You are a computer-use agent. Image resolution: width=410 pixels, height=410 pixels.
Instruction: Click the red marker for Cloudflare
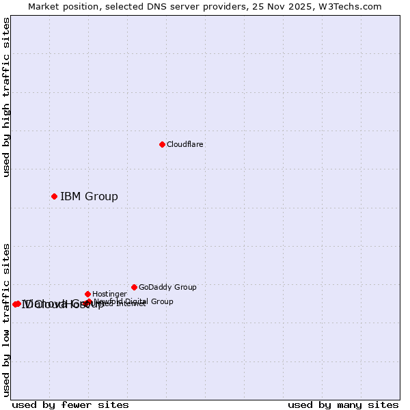click(162, 144)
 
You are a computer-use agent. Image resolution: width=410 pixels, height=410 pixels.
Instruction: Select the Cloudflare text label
click(184, 144)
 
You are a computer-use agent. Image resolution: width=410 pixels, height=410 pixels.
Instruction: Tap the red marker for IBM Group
click(54, 197)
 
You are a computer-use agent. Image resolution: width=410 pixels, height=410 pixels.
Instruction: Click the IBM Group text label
click(89, 197)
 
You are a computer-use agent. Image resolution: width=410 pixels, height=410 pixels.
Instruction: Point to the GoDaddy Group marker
click(134, 287)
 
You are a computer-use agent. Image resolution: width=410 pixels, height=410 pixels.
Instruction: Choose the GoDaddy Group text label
click(167, 287)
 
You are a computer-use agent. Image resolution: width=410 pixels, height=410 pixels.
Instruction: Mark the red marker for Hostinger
click(87, 294)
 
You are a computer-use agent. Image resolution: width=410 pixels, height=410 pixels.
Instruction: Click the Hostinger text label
click(109, 294)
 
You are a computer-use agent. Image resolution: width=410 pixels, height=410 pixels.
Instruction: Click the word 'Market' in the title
click(44, 6)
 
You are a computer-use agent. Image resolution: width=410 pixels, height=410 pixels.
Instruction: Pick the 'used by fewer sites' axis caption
click(70, 405)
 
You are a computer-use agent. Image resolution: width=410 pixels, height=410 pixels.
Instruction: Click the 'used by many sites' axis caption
click(343, 405)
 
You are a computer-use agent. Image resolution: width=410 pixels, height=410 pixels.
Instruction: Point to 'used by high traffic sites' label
click(6, 98)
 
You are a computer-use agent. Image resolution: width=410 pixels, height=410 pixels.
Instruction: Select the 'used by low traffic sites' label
click(6, 320)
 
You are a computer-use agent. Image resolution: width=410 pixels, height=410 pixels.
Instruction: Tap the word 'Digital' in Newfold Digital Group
click(137, 301)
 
